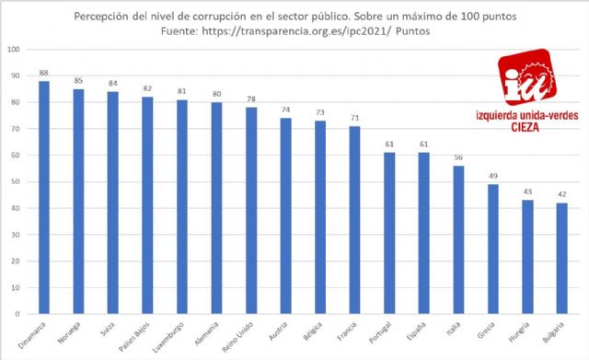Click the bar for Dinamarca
tap(44, 197)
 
